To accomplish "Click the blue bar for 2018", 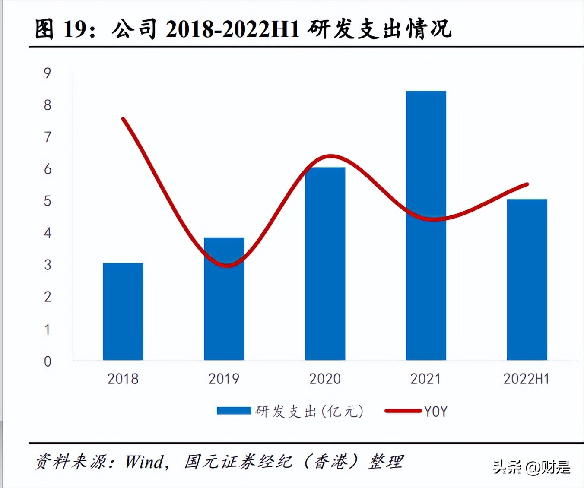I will pos(123,311).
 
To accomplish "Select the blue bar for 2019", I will pos(224,299).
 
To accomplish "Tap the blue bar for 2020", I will pos(325,263).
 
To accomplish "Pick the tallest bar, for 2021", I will pos(426,225).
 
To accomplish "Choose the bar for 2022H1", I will pos(527,279).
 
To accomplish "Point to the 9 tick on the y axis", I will pos(48,73).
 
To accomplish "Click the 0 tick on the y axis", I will pos(48,361).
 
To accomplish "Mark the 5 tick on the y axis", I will pos(48,201).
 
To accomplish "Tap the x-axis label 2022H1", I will pos(526,379).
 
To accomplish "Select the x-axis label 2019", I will pos(224,379).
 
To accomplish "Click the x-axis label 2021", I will pos(425,379).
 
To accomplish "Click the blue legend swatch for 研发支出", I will pos(234,411).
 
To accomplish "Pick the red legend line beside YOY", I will pos(403,411).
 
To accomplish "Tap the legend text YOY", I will pos(435,412).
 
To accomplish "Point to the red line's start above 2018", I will pos(124,119).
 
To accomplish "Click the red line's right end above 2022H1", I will pos(527,184).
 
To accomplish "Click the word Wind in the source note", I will pos(144,462).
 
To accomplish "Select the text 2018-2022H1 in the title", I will pos(232,29).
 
